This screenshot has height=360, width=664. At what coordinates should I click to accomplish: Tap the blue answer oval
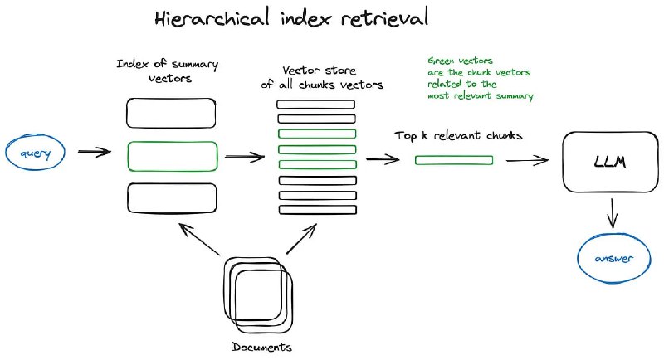[611, 259]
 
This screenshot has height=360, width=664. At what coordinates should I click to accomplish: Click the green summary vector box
[172, 155]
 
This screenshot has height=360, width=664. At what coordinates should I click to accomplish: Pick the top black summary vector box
[172, 113]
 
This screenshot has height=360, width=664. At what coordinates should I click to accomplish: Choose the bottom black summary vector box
[172, 197]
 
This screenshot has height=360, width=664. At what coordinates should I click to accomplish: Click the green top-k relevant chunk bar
[453, 160]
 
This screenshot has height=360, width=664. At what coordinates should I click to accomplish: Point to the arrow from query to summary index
[94, 152]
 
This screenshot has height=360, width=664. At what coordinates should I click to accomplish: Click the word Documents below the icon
[261, 346]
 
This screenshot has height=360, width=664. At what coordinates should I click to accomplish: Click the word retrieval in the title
[395, 18]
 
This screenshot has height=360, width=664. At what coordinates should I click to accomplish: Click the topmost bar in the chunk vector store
[316, 105]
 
